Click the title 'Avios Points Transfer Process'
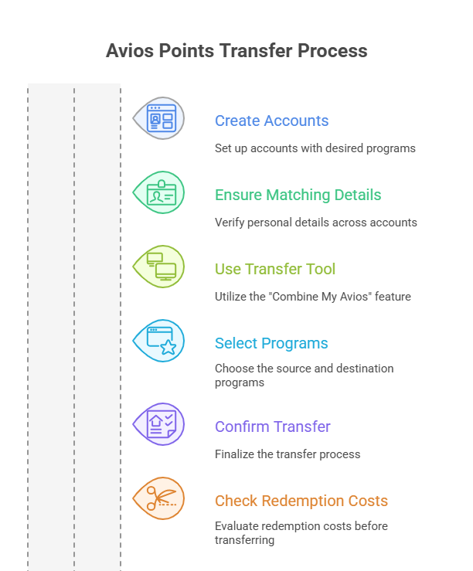coord(236,51)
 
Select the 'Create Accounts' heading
coord(271,121)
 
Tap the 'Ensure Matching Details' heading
coord(298,195)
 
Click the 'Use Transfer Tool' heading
coord(275,269)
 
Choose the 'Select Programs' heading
coord(271,343)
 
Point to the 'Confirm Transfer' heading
coord(272,427)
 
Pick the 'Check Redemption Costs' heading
coord(301,501)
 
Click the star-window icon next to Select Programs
coord(162,341)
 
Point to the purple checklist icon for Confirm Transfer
coord(162,424)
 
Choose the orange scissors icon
coord(162,498)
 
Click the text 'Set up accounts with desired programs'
coord(315,148)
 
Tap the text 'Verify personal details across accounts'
coord(315,222)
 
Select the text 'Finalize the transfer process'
coord(288,454)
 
